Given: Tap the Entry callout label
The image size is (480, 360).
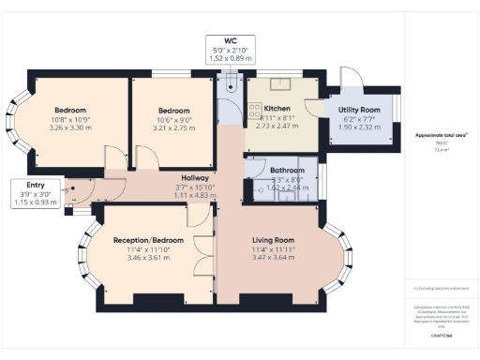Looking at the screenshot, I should (x=36, y=186).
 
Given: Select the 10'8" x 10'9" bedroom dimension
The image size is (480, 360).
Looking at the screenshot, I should (x=68, y=118).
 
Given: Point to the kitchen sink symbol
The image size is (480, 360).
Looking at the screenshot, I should (x=283, y=84).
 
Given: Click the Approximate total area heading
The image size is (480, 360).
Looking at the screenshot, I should (x=441, y=136).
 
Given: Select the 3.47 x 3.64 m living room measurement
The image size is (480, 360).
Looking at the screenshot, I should (x=274, y=258).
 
